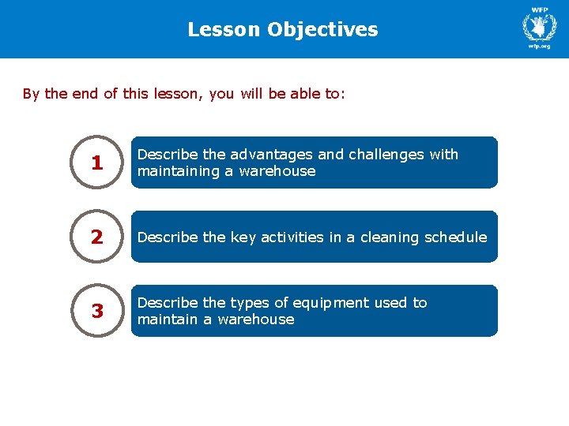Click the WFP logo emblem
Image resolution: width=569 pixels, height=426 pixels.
click(540, 28)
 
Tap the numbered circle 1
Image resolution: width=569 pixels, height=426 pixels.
click(97, 163)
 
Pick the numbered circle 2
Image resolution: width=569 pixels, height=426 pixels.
click(97, 237)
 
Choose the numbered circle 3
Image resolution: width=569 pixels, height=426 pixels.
click(97, 312)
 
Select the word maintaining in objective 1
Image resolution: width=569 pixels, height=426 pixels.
click(174, 171)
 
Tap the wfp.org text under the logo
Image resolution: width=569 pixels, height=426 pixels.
click(539, 46)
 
